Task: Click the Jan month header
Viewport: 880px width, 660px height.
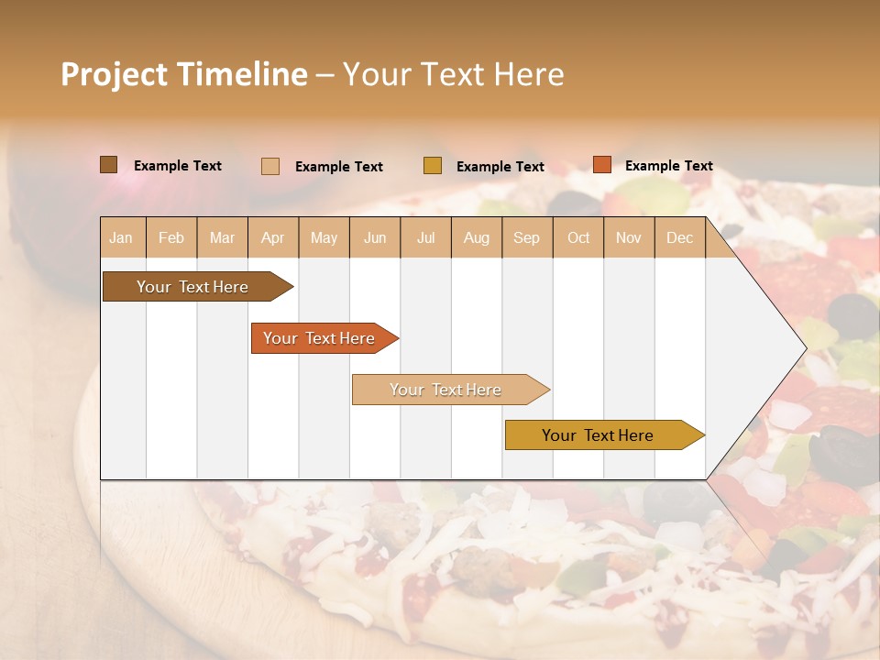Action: (x=122, y=237)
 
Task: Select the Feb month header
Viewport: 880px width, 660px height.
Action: (x=171, y=237)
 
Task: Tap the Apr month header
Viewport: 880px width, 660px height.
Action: (x=273, y=237)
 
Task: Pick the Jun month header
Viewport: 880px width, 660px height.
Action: (x=375, y=237)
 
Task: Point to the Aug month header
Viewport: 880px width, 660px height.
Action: (x=477, y=237)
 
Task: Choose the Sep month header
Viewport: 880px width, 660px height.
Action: (x=527, y=237)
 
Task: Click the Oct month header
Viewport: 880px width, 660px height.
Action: (x=578, y=237)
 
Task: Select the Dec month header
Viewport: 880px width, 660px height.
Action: (x=680, y=237)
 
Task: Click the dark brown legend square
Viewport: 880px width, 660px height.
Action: (x=109, y=165)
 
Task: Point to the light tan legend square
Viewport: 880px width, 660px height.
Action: (x=270, y=166)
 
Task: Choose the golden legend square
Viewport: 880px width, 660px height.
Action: (x=433, y=166)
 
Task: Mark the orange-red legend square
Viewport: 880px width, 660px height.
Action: (x=602, y=165)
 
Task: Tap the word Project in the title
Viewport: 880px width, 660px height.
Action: (x=112, y=74)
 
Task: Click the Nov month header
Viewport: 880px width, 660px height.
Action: (x=629, y=237)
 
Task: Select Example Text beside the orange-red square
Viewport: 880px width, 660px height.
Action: (x=669, y=166)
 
